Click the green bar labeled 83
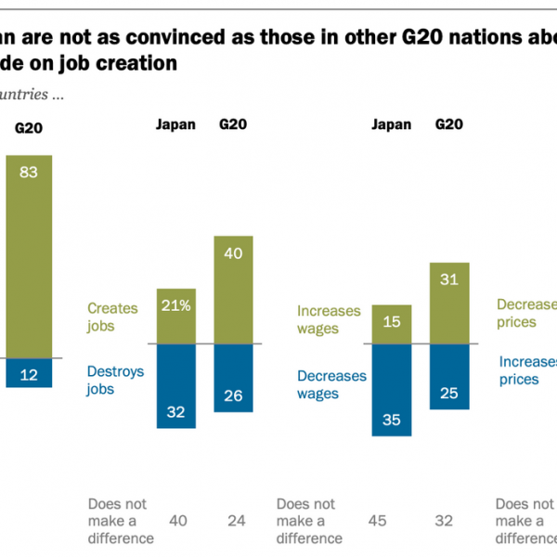pos(29,255)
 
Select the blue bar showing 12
pos(29,373)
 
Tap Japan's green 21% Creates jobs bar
pos(169,316)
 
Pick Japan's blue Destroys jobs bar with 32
pos(169,385)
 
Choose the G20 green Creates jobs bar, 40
pos(233,290)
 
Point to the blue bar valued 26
pos(233,378)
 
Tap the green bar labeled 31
pos(448,303)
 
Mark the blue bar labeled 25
pos(448,376)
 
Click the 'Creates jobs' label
pos(112,317)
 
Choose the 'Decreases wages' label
pos(330,384)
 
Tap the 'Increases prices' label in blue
pos(526,370)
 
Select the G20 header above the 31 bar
pos(449,124)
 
